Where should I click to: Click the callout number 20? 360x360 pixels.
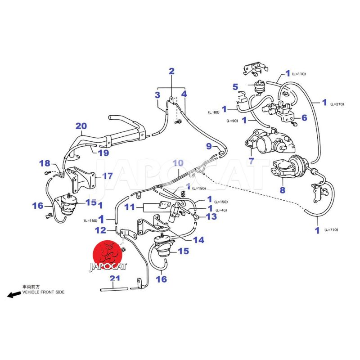tap(81, 126)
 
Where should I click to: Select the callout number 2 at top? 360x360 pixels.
tap(171, 71)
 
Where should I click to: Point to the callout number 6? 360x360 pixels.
tap(304, 117)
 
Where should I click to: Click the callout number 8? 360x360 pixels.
tap(283, 190)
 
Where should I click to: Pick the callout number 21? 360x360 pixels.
tap(115, 278)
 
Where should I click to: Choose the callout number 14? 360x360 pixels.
tap(198, 240)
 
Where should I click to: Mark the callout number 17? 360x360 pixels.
tap(108, 176)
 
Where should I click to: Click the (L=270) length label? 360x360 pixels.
tap(337, 104)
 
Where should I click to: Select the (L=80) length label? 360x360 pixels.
tap(213, 112)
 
